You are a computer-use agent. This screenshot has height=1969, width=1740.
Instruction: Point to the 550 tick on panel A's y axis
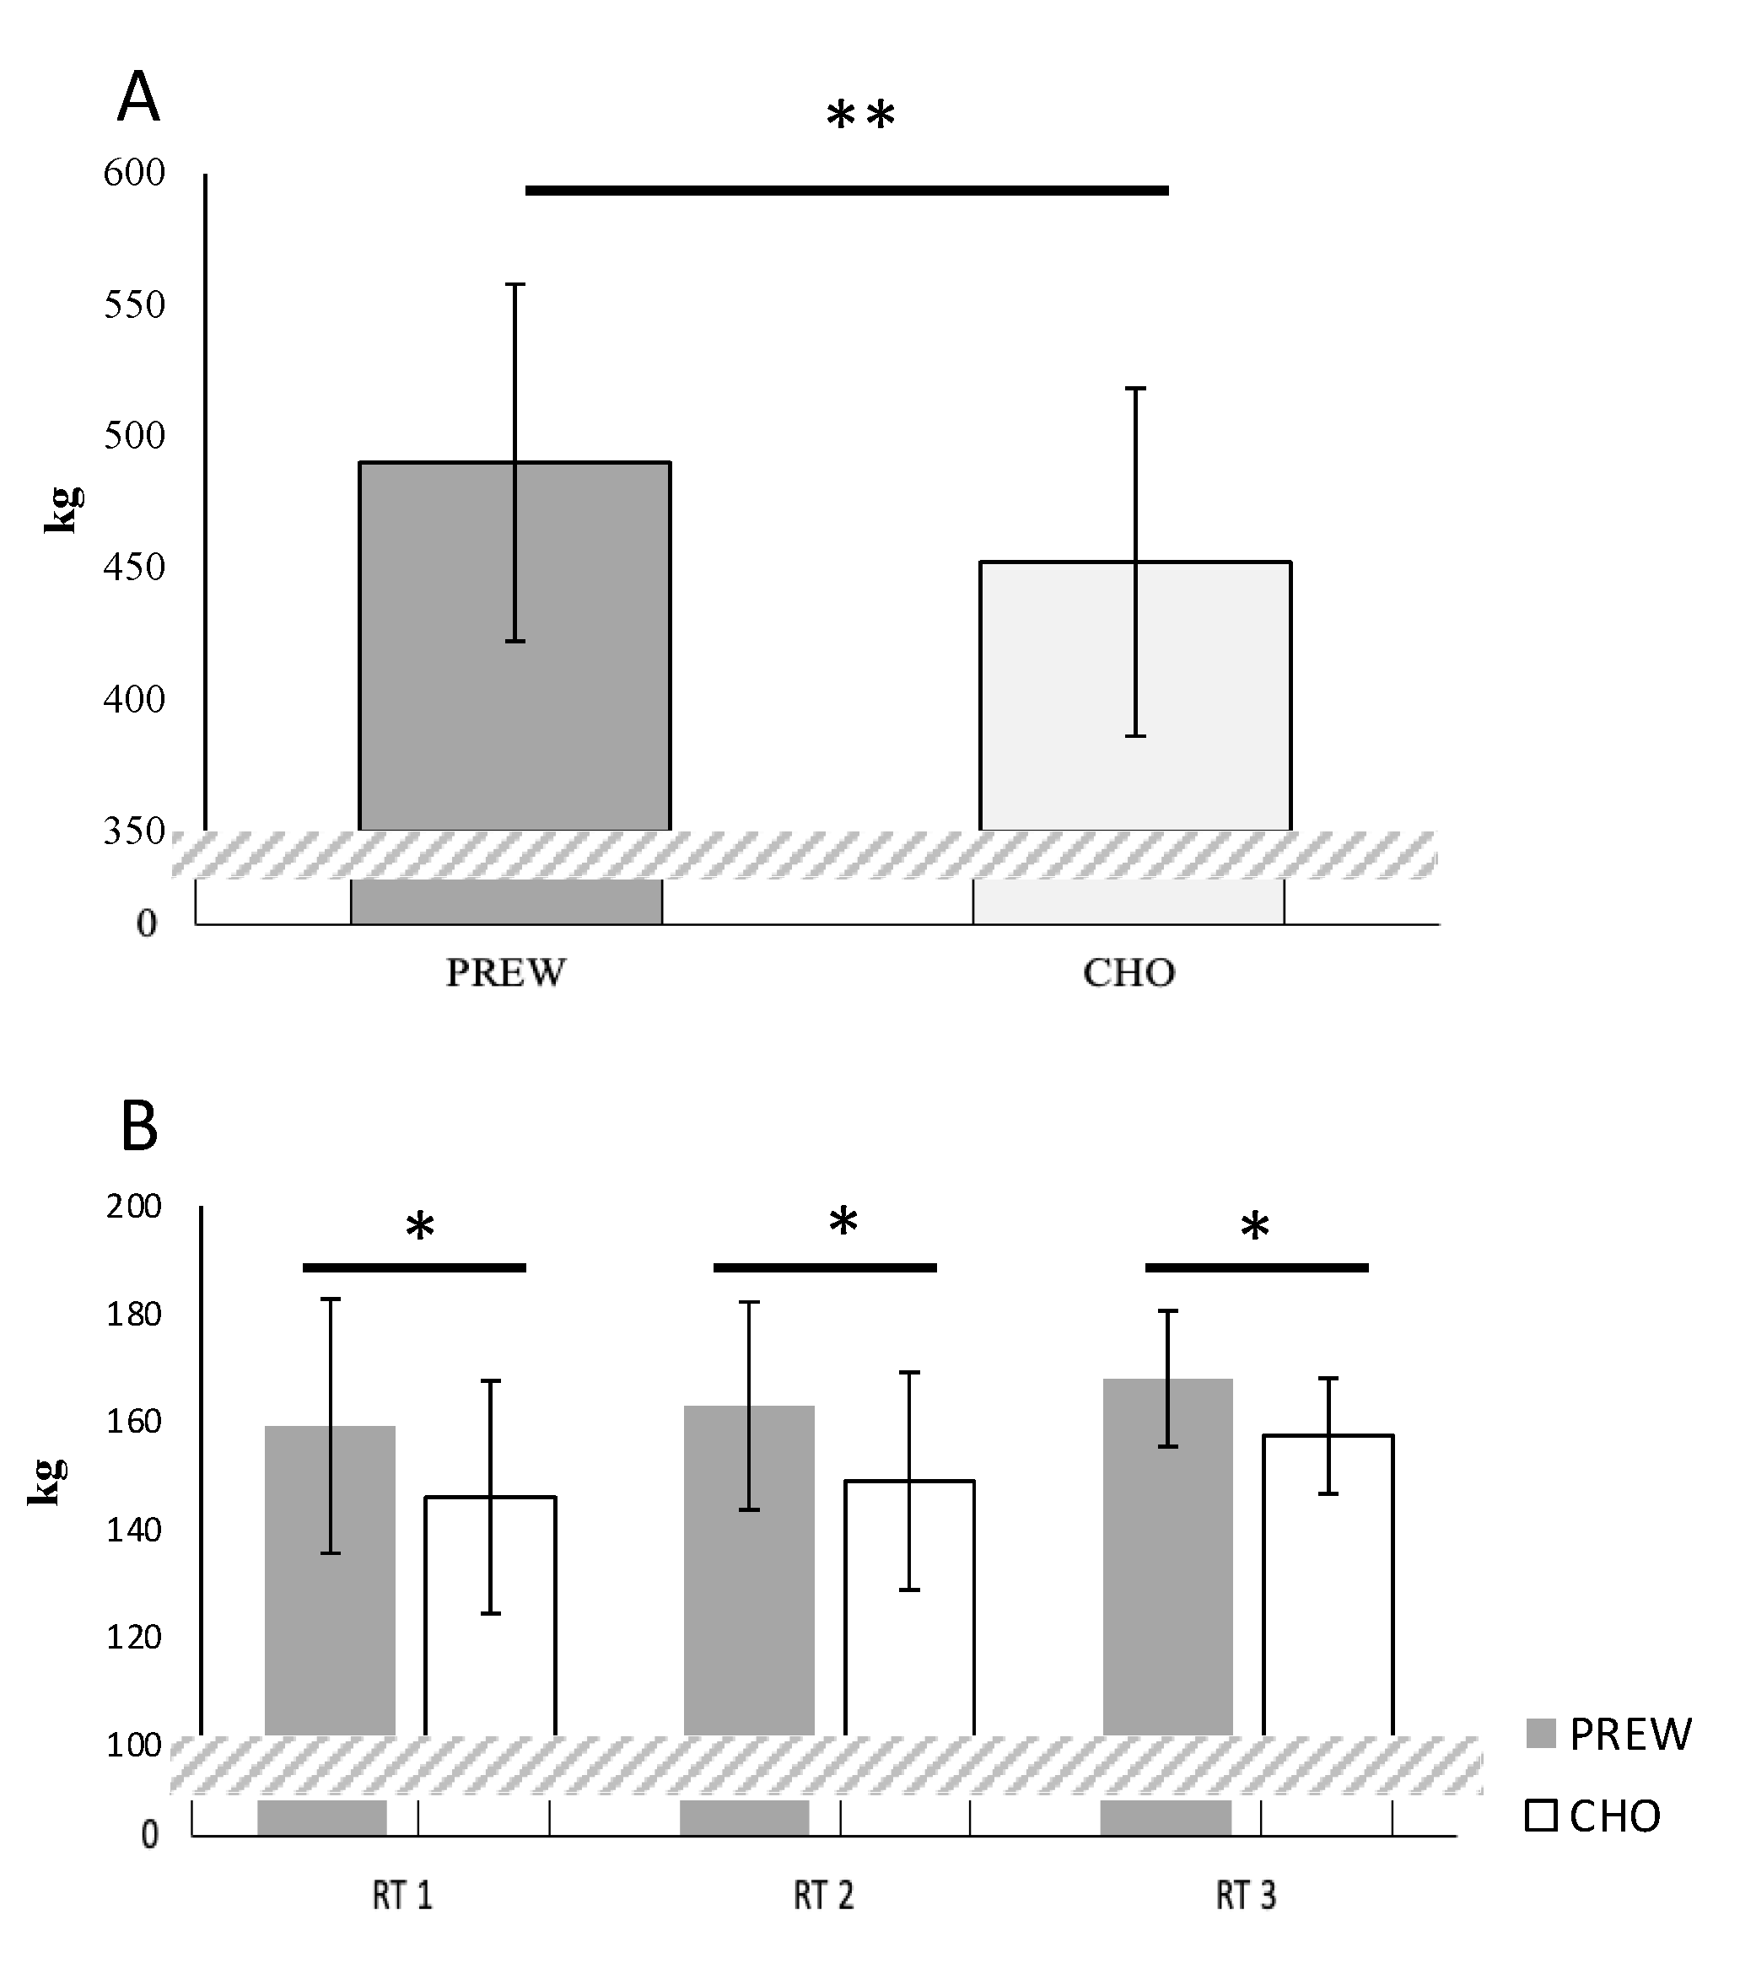point(134,305)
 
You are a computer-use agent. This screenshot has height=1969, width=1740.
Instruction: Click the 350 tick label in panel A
point(134,831)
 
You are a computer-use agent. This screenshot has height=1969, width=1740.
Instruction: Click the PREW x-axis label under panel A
point(506,973)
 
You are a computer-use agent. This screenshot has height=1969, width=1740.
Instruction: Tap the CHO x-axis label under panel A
point(1129,973)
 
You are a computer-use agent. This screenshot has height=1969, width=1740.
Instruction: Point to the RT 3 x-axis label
point(1245,1896)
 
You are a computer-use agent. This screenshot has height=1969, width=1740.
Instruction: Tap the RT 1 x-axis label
point(401,1896)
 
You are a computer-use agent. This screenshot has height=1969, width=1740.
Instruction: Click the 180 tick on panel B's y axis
point(134,1314)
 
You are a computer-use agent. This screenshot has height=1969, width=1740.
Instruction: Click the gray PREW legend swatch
point(1542,1734)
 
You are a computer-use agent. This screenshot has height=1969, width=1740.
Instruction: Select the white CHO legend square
point(1542,1816)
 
